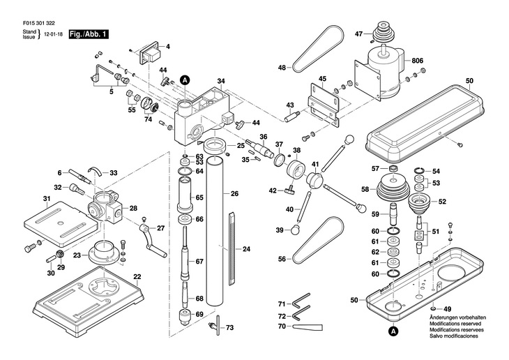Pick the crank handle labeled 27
[x=152, y=241]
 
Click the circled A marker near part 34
[x=185, y=80]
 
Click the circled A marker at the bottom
[x=393, y=330]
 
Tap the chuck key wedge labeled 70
[x=307, y=327]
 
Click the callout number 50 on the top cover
[x=469, y=81]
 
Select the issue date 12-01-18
[x=54, y=34]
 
